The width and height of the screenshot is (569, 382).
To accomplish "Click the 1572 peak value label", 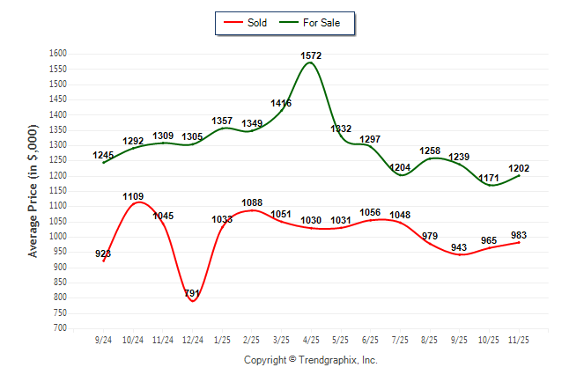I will [311, 55].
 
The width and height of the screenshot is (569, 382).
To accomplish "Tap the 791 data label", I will [193, 293].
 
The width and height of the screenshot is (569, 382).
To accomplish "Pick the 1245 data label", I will [103, 156].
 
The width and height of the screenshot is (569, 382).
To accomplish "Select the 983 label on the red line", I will [520, 234].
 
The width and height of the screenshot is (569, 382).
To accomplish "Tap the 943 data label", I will [460, 247].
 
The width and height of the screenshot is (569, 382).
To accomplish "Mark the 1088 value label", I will [252, 202].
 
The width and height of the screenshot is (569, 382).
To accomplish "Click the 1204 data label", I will [401, 167].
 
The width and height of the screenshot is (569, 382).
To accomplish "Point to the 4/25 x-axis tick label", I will [311, 339].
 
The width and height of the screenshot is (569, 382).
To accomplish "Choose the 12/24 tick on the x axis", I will [192, 339].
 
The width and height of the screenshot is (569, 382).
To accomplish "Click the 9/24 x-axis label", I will [103, 339].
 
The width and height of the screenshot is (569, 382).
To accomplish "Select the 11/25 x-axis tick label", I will [519, 339].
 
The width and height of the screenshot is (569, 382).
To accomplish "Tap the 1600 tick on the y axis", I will [58, 54].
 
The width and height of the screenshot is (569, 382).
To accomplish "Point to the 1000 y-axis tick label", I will [58, 237].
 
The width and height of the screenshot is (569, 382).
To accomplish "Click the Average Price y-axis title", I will [33, 191].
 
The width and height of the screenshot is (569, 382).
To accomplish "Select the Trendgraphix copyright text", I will [310, 360].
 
